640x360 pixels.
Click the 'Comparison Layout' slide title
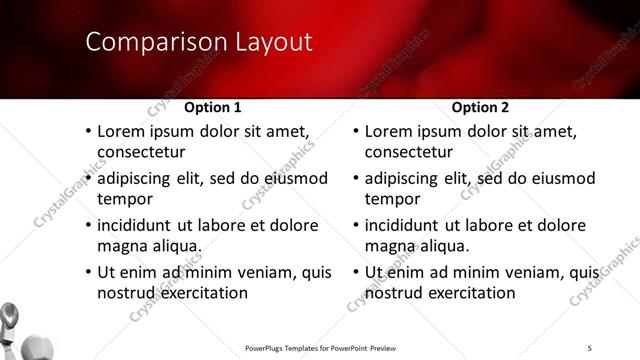(x=198, y=42)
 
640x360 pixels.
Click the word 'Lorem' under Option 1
(x=121, y=131)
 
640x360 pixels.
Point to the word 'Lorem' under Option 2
(x=389, y=131)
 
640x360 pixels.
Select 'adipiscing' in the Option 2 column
(x=406, y=179)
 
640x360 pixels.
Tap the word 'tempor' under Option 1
(x=123, y=198)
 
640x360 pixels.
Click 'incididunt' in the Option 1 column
(x=138, y=225)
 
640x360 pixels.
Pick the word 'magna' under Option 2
(x=389, y=245)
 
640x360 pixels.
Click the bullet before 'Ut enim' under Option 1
(x=88, y=272)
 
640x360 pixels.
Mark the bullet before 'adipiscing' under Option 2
(x=356, y=179)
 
